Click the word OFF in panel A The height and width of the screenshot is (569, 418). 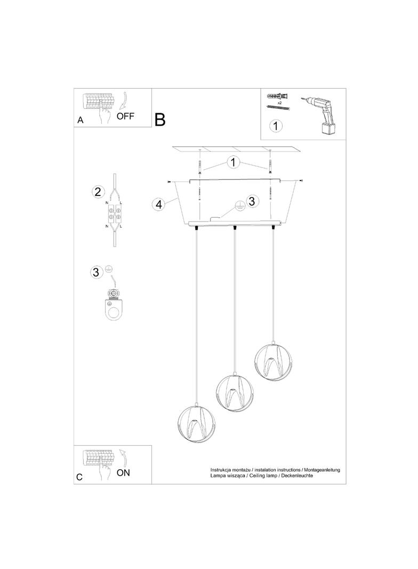click(x=125, y=116)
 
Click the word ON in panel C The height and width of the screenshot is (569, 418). click(x=123, y=473)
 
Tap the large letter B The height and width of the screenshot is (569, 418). click(x=160, y=120)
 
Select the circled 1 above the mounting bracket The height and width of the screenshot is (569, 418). click(x=233, y=162)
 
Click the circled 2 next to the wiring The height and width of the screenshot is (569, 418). click(x=98, y=192)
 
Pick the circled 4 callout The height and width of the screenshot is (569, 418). click(x=158, y=204)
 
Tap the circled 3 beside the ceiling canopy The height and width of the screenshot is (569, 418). click(x=252, y=201)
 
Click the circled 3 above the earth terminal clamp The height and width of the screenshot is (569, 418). click(x=96, y=272)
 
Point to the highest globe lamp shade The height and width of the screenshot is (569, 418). click(x=274, y=361)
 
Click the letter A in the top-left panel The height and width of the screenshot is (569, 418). click(x=81, y=120)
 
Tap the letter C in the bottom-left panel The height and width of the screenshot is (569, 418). click(x=80, y=477)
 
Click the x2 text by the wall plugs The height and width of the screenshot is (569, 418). click(x=279, y=103)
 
